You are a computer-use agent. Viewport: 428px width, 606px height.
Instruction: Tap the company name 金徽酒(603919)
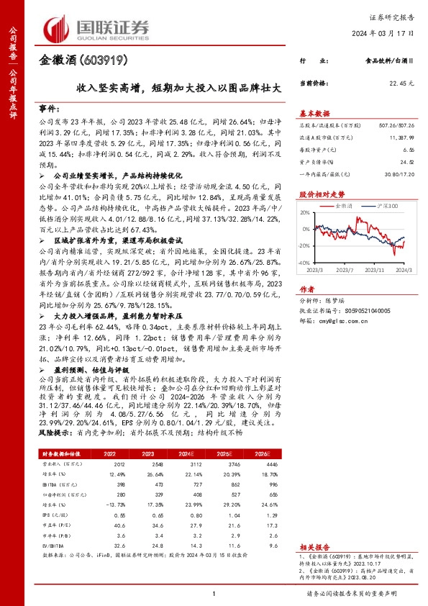point(75,61)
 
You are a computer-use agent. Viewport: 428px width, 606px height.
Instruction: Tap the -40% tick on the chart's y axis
point(305,264)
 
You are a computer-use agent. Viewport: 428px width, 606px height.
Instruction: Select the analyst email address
point(340,302)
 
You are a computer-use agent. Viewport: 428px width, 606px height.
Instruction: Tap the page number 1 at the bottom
point(214,592)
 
